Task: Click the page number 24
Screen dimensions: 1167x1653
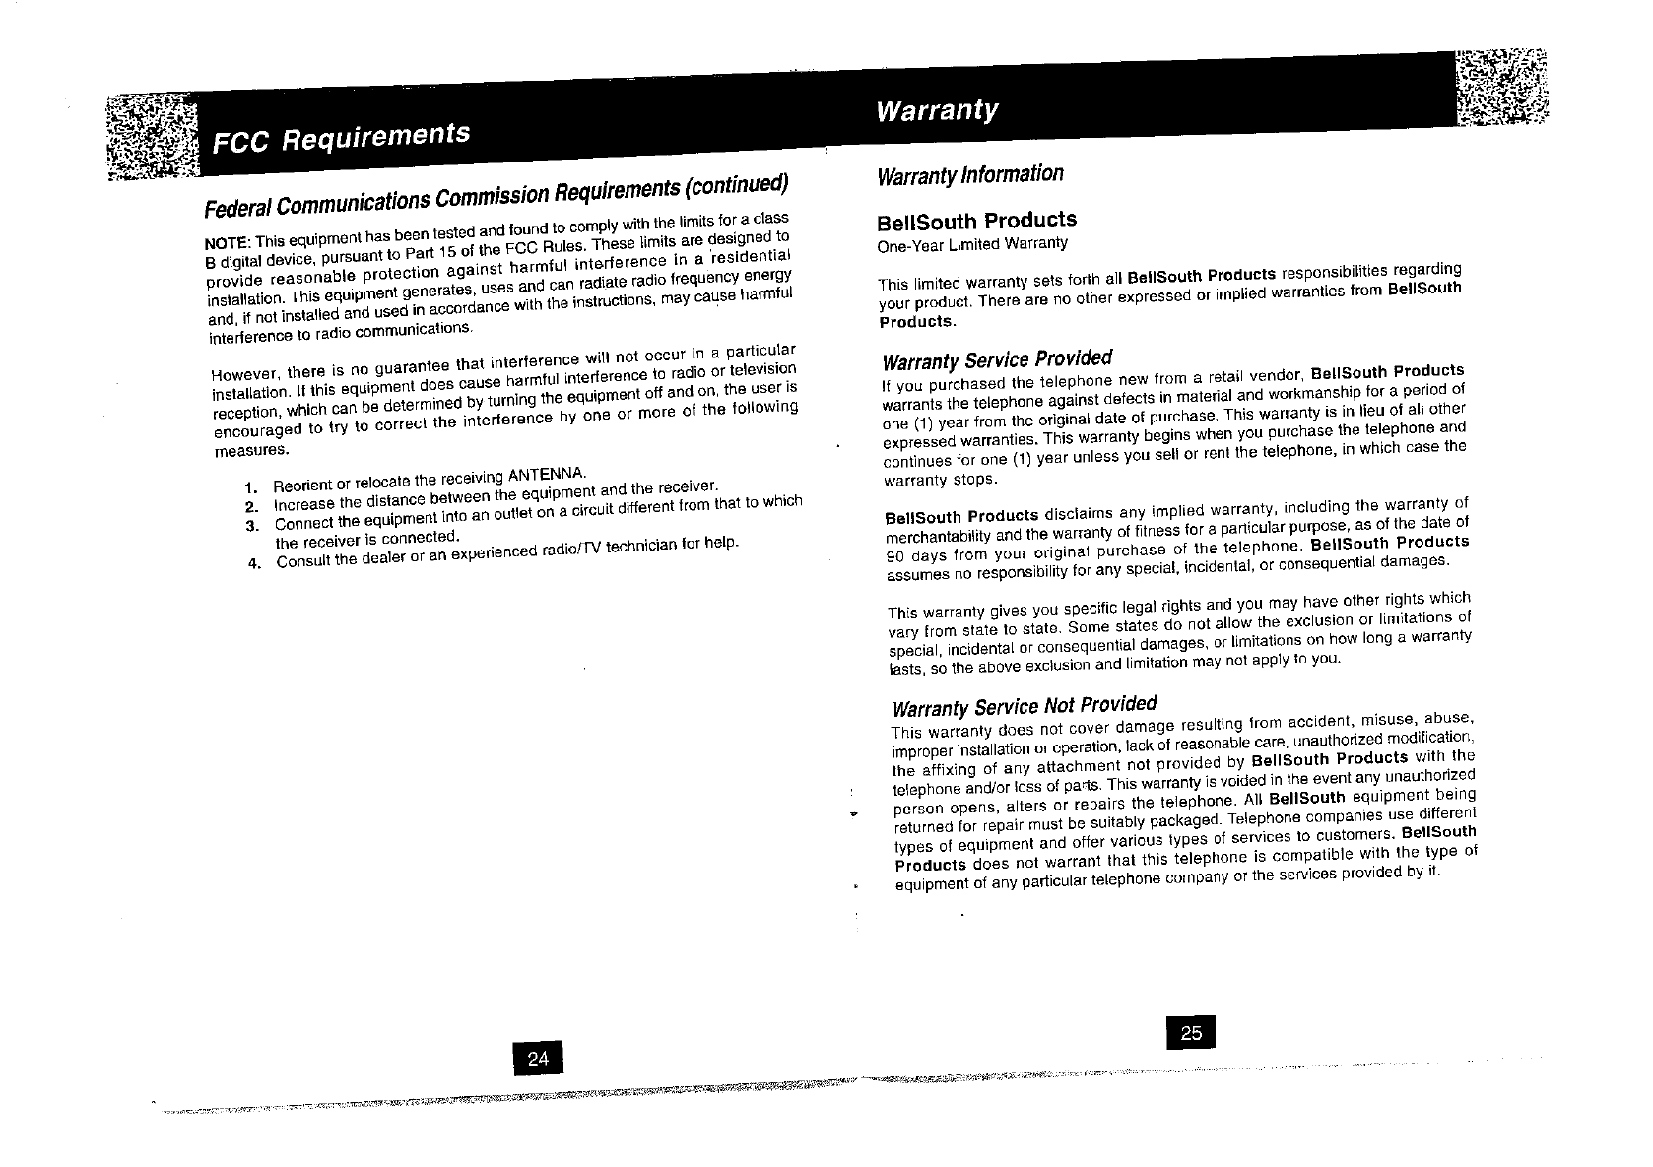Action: click(538, 1059)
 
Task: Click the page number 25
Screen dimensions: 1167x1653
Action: click(1190, 1032)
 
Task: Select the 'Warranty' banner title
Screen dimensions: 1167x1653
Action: click(936, 109)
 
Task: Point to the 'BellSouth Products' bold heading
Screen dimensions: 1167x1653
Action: click(976, 221)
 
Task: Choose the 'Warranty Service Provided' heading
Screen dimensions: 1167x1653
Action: click(998, 357)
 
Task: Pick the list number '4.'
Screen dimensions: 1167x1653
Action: click(254, 564)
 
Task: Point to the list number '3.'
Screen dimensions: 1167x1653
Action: click(252, 525)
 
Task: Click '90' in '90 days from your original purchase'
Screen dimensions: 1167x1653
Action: click(895, 554)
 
